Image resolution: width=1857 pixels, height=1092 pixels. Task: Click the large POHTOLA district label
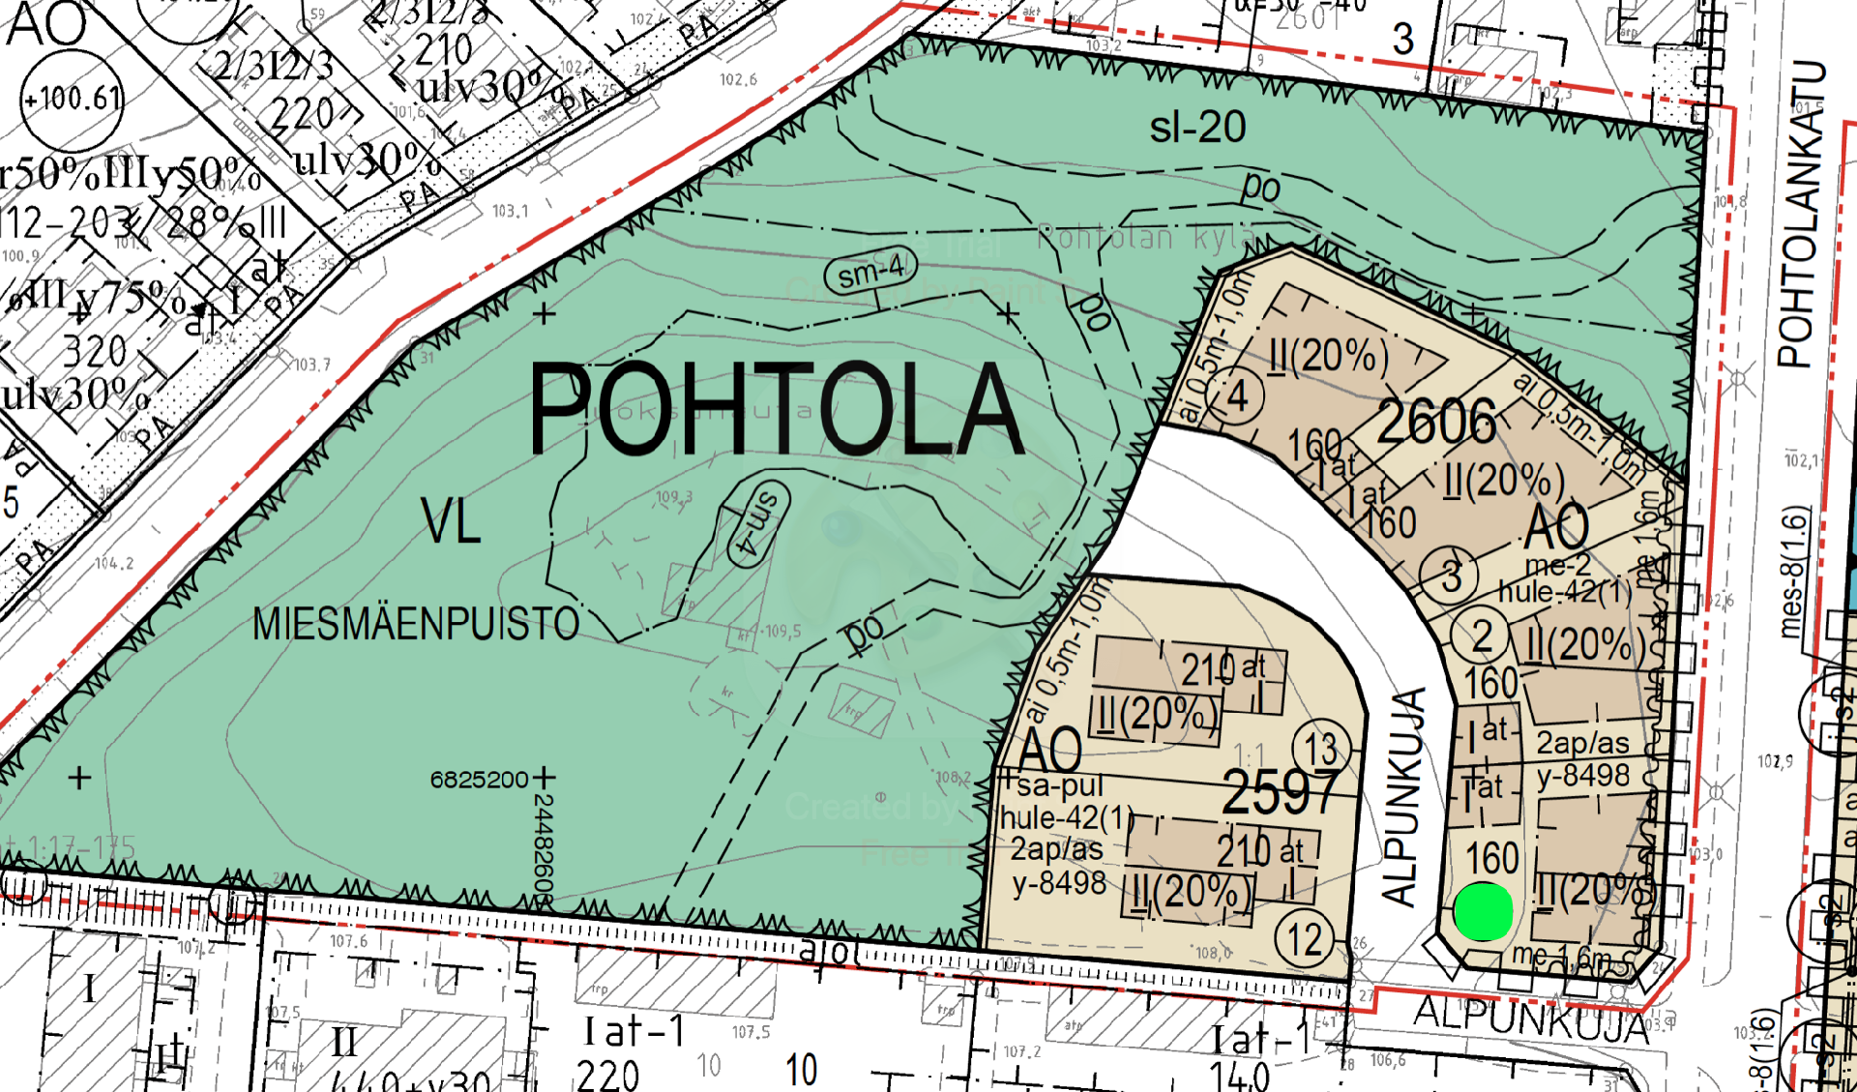[x=777, y=409]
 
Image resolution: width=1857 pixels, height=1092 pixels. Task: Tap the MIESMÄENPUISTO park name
[x=416, y=624]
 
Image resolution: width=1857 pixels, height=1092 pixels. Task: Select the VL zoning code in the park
[x=451, y=522]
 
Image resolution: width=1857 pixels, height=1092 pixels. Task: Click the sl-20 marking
[x=1197, y=128]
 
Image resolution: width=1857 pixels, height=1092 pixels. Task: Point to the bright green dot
[x=1483, y=911]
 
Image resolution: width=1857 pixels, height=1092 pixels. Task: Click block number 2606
[x=1436, y=423]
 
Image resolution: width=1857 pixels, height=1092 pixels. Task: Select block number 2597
[x=1281, y=792]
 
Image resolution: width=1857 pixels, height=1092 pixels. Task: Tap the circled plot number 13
[x=1320, y=749]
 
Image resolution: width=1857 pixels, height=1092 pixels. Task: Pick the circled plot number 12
[x=1304, y=938]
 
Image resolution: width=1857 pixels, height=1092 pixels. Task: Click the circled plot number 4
[x=1236, y=396]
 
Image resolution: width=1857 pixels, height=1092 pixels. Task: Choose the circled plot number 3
[x=1450, y=576]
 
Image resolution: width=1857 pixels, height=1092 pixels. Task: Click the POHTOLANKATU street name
[x=1800, y=215]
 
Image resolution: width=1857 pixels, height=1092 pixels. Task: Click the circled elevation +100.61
[x=72, y=99]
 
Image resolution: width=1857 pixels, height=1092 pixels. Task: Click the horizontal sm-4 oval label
[x=870, y=273]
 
